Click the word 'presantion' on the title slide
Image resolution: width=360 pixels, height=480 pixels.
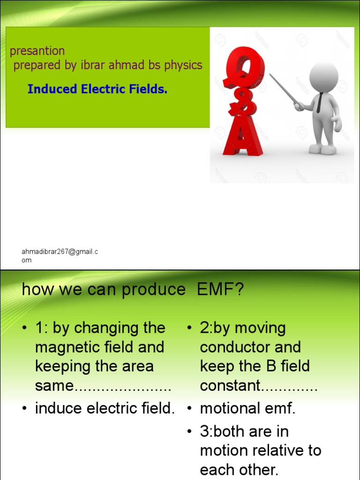click(37, 51)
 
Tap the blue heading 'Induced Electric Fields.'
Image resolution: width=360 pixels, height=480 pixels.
click(97, 89)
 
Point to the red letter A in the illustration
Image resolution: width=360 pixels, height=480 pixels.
click(242, 136)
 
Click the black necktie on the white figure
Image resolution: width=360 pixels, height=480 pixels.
click(320, 103)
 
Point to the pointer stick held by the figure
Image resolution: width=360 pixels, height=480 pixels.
click(284, 89)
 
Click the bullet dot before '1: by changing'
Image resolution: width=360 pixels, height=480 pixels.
click(24, 329)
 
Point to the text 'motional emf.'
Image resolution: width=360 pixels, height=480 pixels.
click(248, 409)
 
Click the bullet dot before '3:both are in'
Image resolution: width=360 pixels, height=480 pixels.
click(190, 432)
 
